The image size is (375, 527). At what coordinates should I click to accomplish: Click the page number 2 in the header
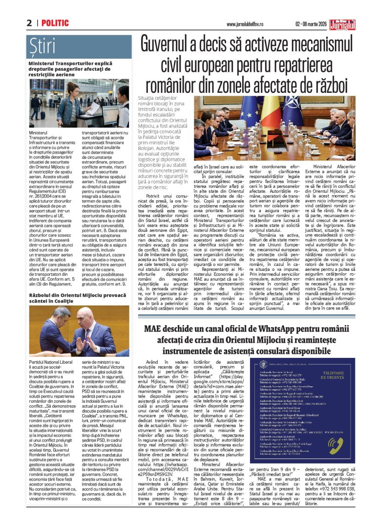click(29, 23)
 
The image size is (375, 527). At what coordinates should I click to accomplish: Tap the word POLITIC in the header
click(55, 23)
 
